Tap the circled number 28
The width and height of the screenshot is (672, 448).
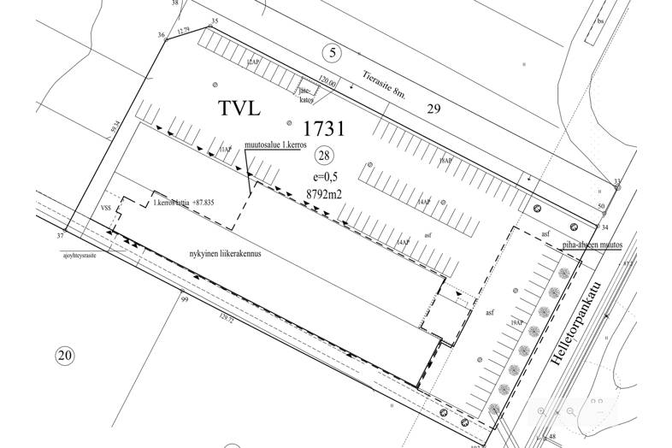pos(323,155)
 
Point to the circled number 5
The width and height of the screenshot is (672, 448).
pos(333,53)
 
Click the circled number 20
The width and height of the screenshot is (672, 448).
pos(64,356)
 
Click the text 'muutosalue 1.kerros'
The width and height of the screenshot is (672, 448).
pos(275,145)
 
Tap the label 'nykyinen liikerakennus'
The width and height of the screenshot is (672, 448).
pos(224,254)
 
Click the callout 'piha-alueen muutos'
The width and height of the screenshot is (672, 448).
pos(592,245)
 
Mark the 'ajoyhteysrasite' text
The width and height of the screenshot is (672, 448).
pos(76,255)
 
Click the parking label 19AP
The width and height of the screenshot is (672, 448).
pos(515,324)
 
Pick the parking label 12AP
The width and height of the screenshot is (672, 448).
pos(251,62)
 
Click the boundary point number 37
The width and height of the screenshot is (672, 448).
pos(60,234)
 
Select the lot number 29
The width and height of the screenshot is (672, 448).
pos(433,109)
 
